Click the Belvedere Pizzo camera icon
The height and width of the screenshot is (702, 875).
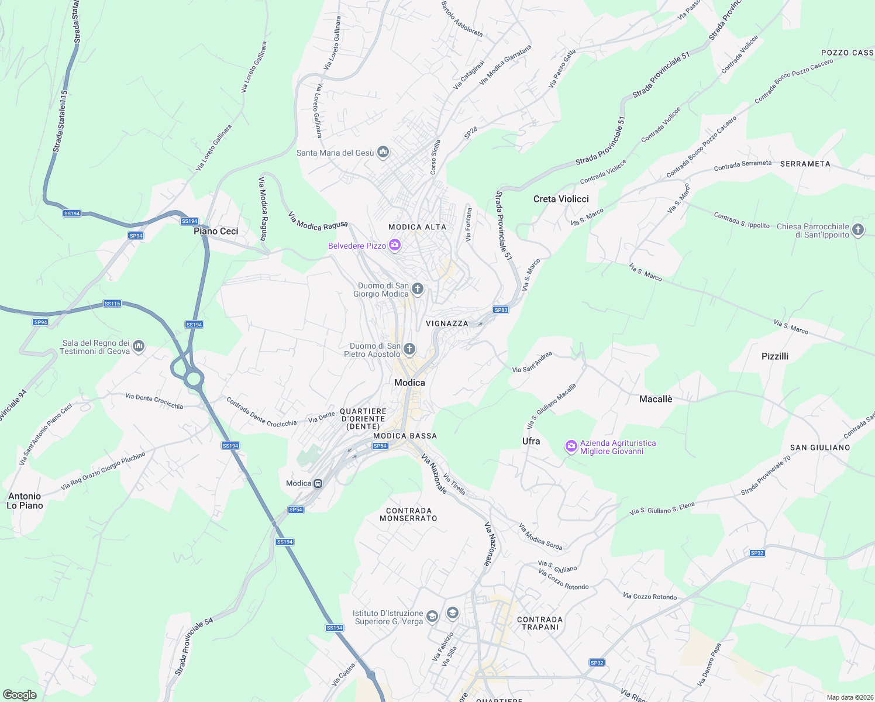click(395, 245)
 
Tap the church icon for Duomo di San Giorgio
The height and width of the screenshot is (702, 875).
click(418, 288)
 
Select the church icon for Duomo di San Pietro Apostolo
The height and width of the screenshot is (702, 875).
click(409, 349)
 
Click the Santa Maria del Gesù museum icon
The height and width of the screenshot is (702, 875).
click(383, 153)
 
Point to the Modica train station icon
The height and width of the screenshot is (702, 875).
click(318, 484)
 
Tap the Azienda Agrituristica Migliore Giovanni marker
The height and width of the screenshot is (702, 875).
click(571, 447)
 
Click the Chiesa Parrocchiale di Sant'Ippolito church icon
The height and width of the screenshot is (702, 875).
click(858, 230)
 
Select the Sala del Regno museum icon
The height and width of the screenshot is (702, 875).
click(139, 347)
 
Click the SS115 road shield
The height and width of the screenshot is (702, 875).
click(112, 304)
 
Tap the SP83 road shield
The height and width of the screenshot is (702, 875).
click(501, 310)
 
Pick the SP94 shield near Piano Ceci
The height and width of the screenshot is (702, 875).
click(136, 236)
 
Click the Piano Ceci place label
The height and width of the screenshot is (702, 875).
click(216, 232)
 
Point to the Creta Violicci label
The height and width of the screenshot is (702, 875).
click(561, 199)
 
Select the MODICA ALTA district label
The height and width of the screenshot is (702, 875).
click(417, 227)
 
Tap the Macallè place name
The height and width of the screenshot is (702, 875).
click(656, 399)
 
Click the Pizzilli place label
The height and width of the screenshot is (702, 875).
click(774, 356)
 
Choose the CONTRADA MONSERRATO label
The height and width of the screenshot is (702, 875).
click(408, 514)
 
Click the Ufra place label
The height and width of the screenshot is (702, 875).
click(531, 441)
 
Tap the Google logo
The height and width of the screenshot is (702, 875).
click(20, 694)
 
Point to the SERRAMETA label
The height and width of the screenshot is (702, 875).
click(805, 164)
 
